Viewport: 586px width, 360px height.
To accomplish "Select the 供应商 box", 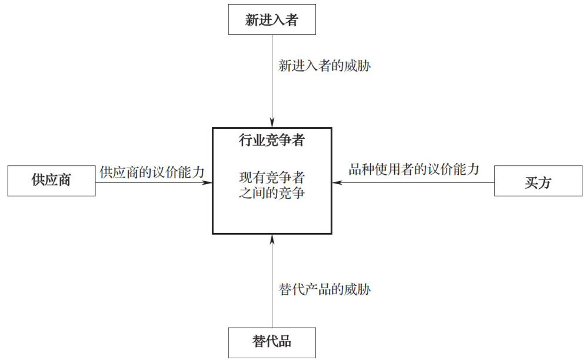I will coord(51,181).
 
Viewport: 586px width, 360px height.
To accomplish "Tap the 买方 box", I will coord(537,181).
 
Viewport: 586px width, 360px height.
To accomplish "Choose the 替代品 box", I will coord(272,342).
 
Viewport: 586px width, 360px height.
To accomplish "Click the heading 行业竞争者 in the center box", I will coord(272,140).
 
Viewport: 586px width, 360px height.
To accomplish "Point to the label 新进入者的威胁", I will coord(324,66).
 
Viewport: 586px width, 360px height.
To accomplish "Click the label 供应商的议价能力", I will coord(152,172).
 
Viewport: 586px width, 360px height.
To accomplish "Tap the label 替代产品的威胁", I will coord(324,289).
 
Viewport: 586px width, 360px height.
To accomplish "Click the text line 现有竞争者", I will coord(272,176).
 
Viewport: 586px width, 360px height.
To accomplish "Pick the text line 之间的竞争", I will coord(272,192).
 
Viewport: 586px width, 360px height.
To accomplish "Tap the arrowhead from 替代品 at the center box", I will coord(272,239).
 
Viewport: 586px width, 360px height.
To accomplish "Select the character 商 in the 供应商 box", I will coord(64,181).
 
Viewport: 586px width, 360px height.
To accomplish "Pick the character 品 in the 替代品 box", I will coord(285,342).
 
